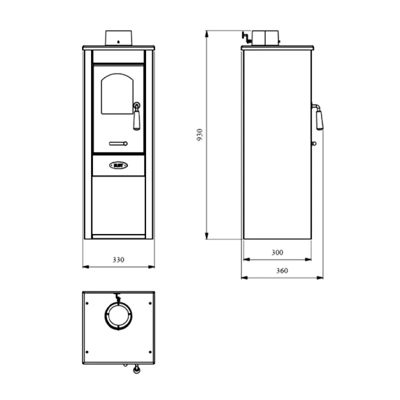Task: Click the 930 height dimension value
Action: pyautogui.click(x=199, y=135)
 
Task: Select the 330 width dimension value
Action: pyautogui.click(x=118, y=260)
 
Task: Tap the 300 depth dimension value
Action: pyautogui.click(x=277, y=253)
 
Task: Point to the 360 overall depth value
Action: pyautogui.click(x=282, y=270)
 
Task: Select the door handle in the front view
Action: pyautogui.click(x=136, y=117)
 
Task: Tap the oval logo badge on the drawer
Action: pyautogui.click(x=118, y=164)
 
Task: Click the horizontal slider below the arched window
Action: pyautogui.click(x=118, y=143)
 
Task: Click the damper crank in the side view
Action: pyautogui.click(x=246, y=36)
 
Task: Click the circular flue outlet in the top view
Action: pyautogui.click(x=118, y=316)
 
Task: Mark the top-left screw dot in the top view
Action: pyautogui.click(x=87, y=302)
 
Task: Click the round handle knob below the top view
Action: pyautogui.click(x=135, y=370)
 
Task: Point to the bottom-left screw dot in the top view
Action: pyautogui.click(x=87, y=349)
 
